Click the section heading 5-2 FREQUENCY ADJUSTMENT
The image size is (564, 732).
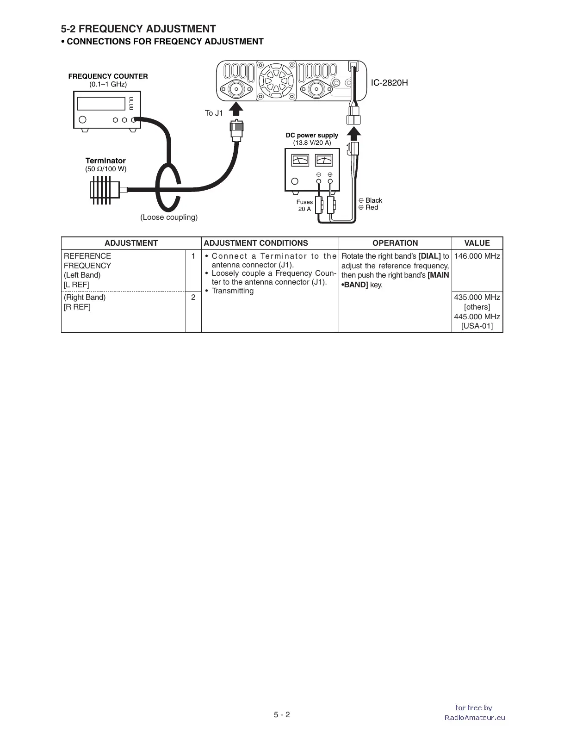pos(138,29)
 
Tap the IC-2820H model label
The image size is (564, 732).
pos(389,83)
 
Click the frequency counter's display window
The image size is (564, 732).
pos(101,103)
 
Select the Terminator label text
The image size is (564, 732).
pos(105,161)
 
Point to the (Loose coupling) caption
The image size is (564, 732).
pos(169,217)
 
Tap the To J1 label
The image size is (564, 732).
pos(214,113)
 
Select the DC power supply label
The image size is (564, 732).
pos(312,136)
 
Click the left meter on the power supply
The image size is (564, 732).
pos(300,161)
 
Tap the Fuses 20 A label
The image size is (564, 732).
pos(304,205)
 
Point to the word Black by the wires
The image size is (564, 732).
pos(374,200)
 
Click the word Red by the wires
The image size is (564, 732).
pos(372,208)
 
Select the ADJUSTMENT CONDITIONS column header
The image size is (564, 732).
pos(256,243)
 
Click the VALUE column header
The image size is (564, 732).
pos(477,243)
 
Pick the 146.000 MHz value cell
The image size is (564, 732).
pos(477,256)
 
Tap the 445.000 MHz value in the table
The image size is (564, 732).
pos(477,317)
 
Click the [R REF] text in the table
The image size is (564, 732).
pos(77,307)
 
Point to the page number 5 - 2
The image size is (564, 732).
pos(282,714)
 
